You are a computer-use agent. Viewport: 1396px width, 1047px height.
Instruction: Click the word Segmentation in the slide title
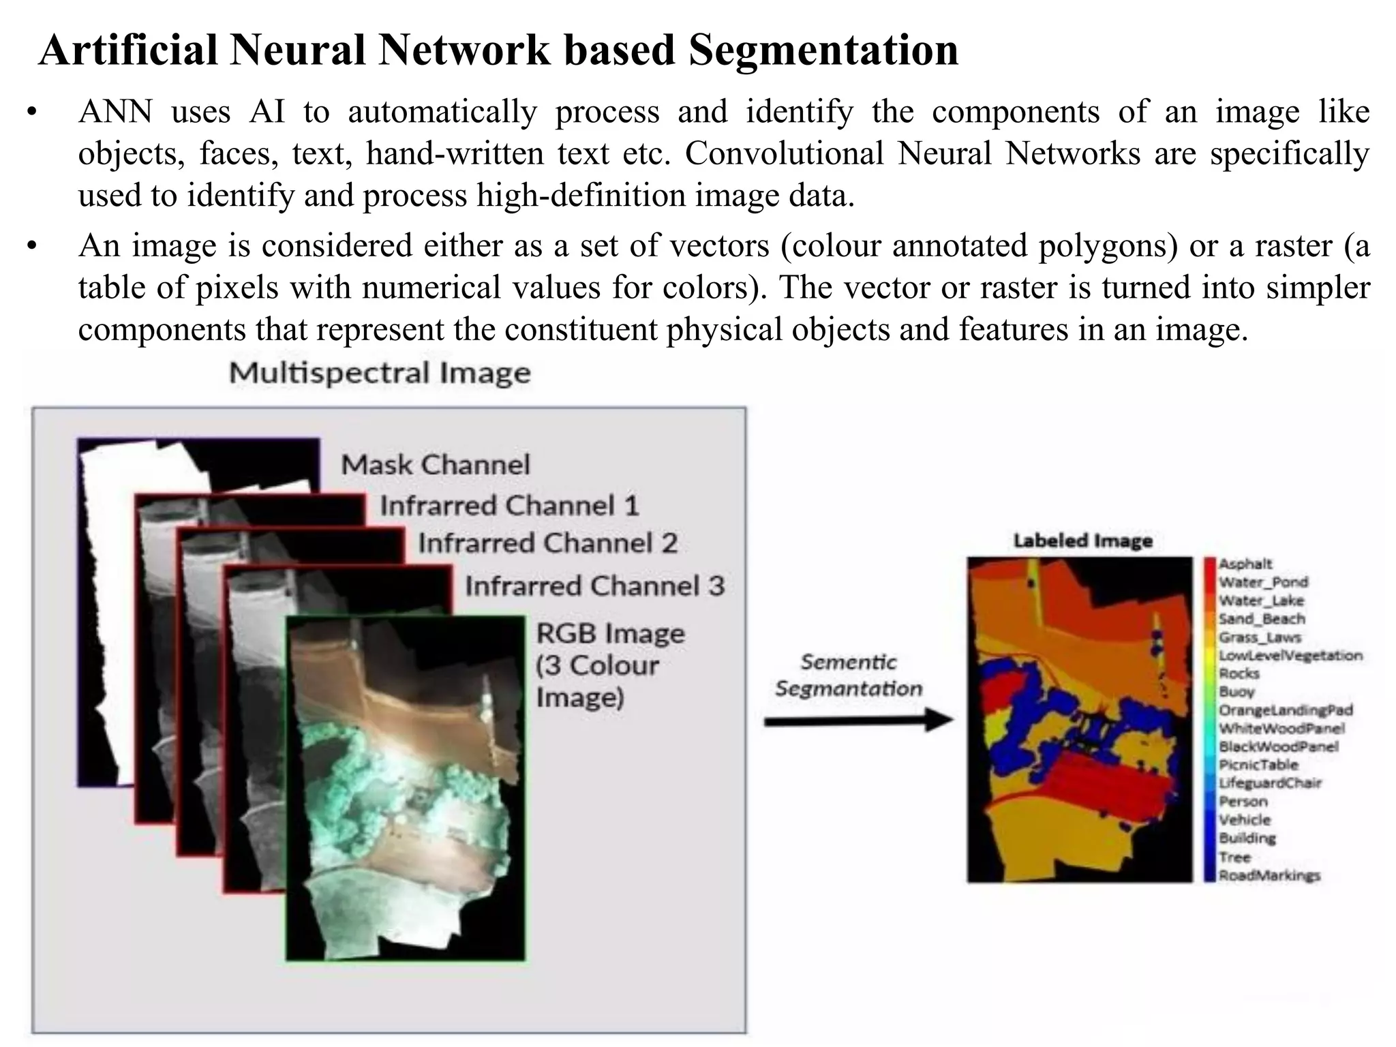pos(823,50)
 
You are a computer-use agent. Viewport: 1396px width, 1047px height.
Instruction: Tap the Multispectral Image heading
pos(380,374)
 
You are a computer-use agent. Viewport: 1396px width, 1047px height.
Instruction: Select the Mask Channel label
pos(436,465)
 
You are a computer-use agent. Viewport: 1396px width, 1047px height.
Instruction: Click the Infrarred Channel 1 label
pos(509,506)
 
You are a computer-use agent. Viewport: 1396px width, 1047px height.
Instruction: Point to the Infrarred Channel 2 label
pos(547,543)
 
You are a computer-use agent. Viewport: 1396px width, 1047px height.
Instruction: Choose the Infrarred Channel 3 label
pos(594,586)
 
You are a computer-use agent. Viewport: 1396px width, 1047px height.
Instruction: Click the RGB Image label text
pos(610,634)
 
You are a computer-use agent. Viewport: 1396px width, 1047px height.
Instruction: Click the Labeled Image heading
pos(1082,541)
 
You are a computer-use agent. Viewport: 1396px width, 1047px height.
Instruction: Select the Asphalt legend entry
pos(1245,564)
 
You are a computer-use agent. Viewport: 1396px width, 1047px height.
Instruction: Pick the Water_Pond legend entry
pos(1263,582)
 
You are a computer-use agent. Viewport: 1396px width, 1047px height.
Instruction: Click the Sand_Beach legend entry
pos(1262,619)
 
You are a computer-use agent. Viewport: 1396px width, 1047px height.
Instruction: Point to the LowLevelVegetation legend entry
pos(1290,656)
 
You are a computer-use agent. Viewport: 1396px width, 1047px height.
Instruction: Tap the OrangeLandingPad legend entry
pos(1286,710)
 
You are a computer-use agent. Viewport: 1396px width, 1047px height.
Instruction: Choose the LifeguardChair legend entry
pos(1270,783)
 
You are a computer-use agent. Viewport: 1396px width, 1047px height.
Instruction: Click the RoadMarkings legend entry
pos(1269,875)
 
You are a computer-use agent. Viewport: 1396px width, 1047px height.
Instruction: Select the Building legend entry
pos(1247,838)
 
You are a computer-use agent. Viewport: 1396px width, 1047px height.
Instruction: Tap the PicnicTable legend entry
pos(1258,765)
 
